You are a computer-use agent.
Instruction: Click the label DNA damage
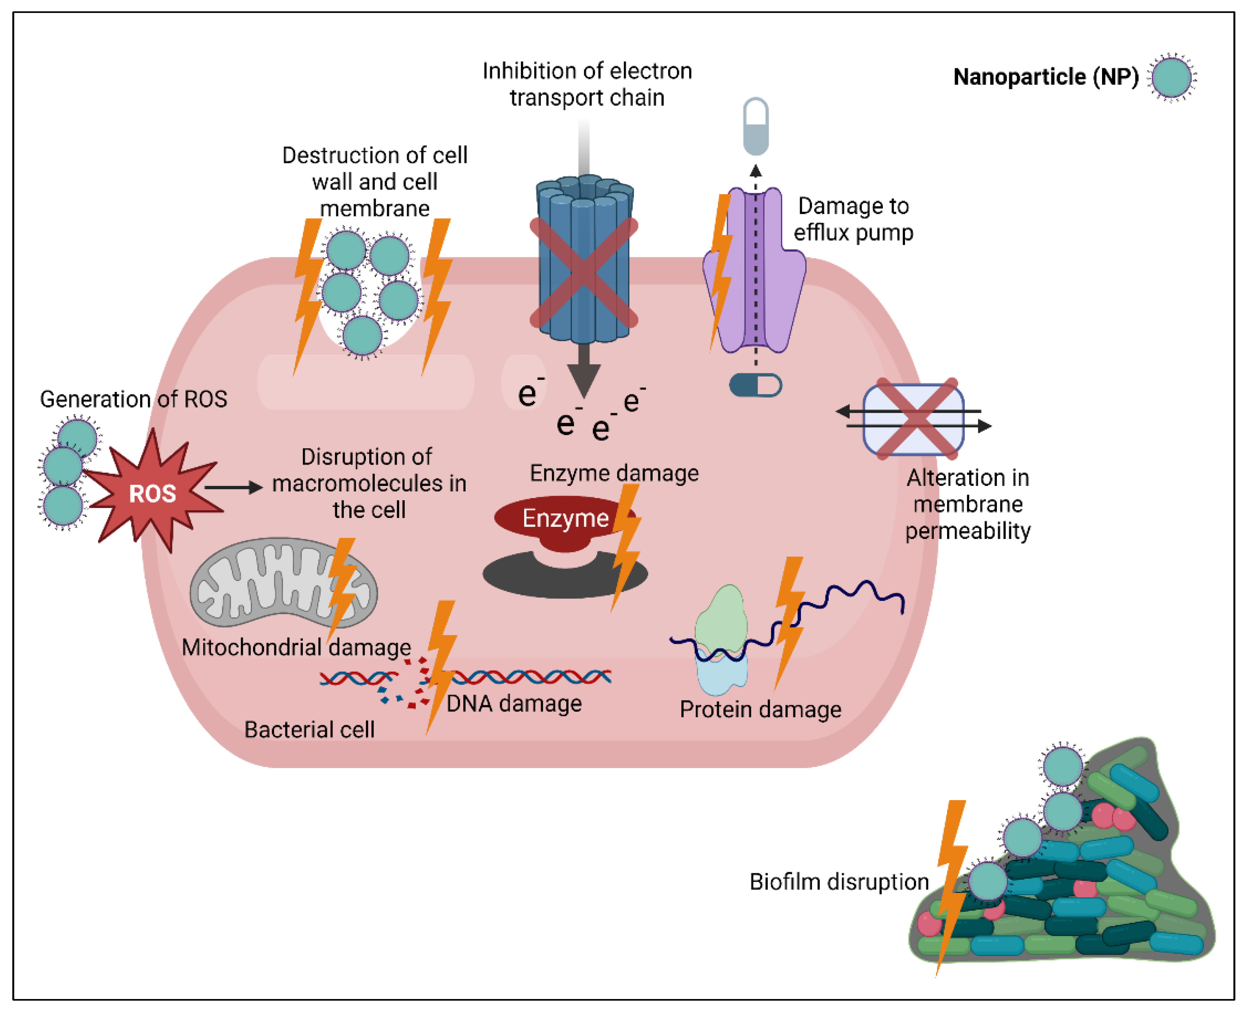[514, 704]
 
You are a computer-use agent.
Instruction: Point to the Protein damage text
[760, 709]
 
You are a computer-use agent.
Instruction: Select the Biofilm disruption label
[839, 882]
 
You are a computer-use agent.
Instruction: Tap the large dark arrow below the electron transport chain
[584, 370]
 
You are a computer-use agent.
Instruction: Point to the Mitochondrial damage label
[296, 647]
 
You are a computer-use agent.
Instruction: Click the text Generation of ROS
[133, 399]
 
